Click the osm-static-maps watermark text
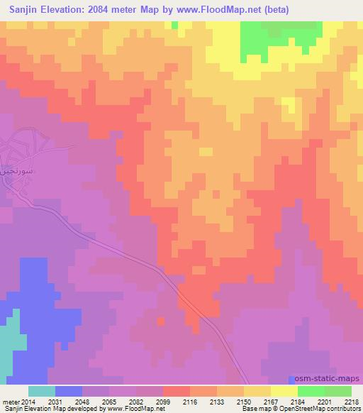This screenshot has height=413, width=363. pyautogui.click(x=329, y=380)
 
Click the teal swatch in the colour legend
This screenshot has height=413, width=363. pyautogui.click(x=42, y=391)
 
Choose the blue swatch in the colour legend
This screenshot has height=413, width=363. pyautogui.click(x=69, y=391)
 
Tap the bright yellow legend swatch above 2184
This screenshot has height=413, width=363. pyautogui.click(x=284, y=391)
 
